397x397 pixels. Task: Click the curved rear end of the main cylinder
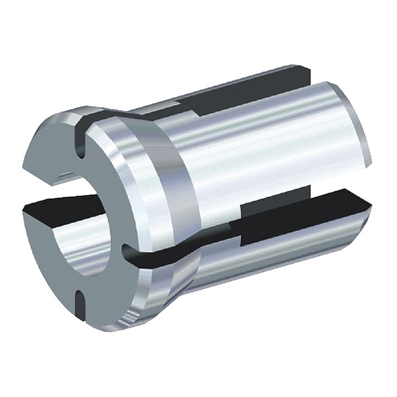pyautogui.click(x=361, y=132)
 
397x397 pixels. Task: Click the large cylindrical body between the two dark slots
pyautogui.click(x=265, y=152)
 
